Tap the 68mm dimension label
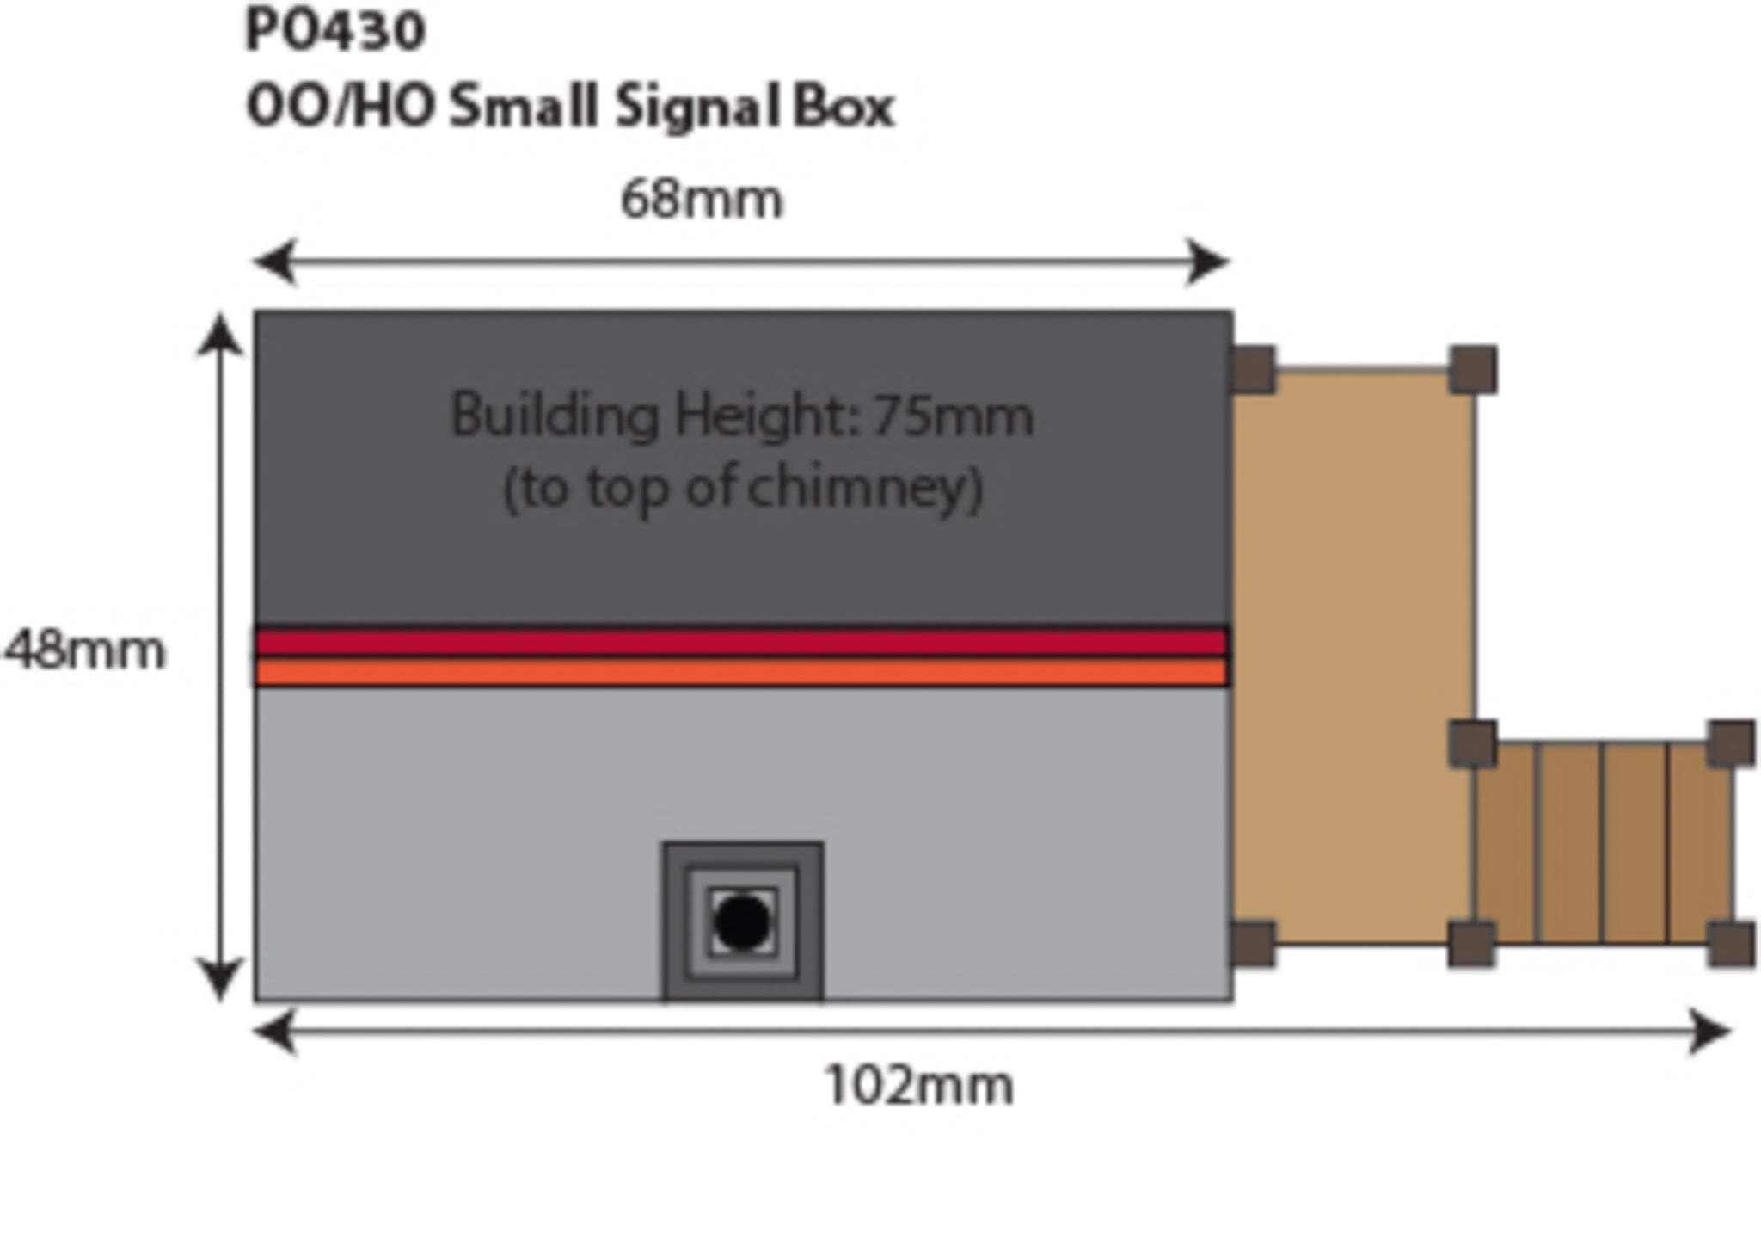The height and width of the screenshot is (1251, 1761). click(702, 200)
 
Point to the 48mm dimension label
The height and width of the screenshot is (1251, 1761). click(84, 650)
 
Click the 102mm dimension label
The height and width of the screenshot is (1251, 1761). click(918, 1086)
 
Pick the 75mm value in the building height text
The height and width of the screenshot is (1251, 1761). click(953, 416)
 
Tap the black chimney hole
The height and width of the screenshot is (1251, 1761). click(742, 922)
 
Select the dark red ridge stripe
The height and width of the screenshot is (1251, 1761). click(741, 642)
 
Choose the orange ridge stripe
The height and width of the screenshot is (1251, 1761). click(741, 672)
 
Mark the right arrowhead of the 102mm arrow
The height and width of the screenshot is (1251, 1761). click(1709, 1031)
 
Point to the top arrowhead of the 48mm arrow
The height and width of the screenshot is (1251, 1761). click(220, 334)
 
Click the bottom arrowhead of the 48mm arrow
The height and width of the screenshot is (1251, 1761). click(220, 981)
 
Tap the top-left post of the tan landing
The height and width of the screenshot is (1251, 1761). click(1253, 369)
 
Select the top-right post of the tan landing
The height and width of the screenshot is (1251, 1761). click(1473, 370)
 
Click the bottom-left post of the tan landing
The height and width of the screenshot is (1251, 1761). click(1253, 944)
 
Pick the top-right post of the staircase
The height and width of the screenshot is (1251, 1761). click(1731, 743)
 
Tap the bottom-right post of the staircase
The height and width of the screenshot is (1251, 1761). click(1731, 944)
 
